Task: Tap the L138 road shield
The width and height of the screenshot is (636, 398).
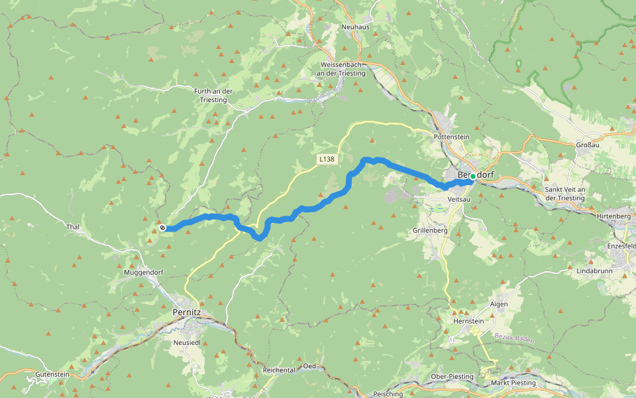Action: click(x=326, y=159)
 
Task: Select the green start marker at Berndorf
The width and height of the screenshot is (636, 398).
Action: click(x=472, y=177)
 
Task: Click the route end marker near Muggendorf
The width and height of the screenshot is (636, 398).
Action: click(x=162, y=228)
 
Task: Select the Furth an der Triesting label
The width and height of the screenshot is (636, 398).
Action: click(x=213, y=96)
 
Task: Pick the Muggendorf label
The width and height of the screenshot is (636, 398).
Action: click(x=144, y=273)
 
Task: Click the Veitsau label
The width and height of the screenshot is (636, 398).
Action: click(x=458, y=199)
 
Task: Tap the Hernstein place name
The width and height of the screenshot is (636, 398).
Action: click(x=468, y=320)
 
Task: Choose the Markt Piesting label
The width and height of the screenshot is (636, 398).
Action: click(x=513, y=383)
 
